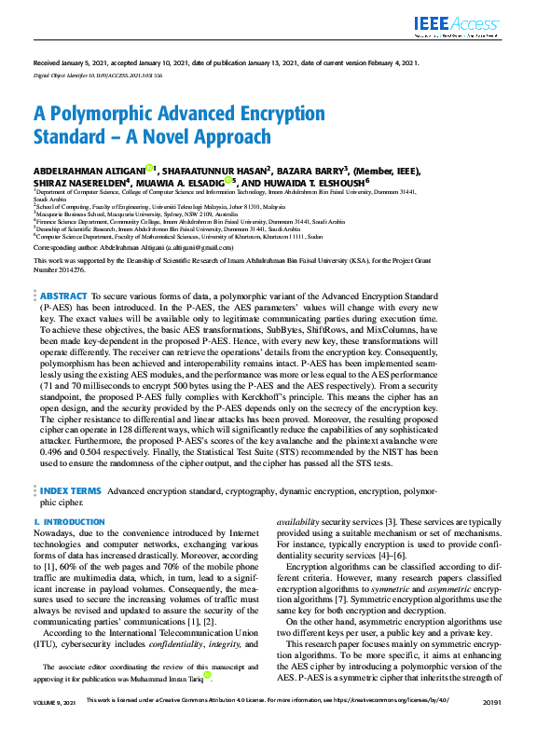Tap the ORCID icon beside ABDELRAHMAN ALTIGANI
point(149,169)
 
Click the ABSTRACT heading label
point(64,296)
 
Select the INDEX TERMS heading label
point(71,489)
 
